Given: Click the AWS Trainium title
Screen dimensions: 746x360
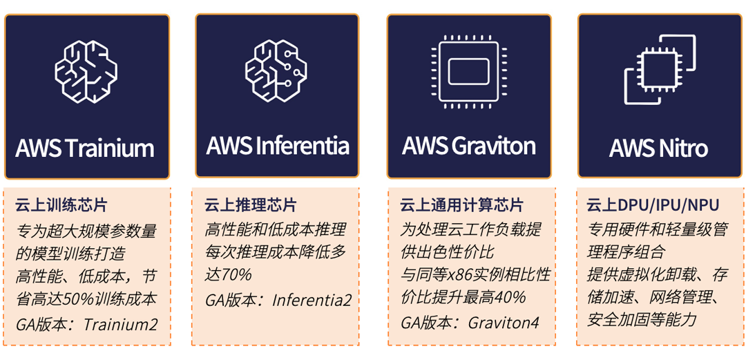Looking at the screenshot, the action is click(x=85, y=148).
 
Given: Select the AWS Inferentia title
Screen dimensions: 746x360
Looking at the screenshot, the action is click(x=277, y=145).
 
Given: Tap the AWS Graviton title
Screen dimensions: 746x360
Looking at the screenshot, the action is click(x=468, y=146).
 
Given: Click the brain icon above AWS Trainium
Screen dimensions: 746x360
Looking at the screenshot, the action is click(x=86, y=71).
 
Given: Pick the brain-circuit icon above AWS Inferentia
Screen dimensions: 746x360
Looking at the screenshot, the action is click(x=276, y=71).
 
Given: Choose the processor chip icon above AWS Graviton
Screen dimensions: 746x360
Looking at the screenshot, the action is click(x=468, y=71).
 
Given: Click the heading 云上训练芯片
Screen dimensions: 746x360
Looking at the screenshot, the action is click(x=61, y=205).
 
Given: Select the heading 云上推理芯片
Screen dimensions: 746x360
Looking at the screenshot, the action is click(x=251, y=205).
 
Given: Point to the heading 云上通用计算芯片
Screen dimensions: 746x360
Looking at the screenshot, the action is click(x=462, y=205).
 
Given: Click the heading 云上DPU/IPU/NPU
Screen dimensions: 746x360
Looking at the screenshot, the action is click(x=653, y=205).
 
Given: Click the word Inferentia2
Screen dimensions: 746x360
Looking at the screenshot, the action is click(x=312, y=300).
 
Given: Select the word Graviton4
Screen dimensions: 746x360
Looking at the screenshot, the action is click(x=503, y=323).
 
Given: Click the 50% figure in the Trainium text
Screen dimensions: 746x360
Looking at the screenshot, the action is click(x=86, y=299).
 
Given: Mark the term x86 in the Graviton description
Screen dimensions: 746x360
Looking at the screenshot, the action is click(x=459, y=275).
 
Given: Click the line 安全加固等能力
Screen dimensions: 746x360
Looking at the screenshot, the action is click(x=642, y=320).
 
